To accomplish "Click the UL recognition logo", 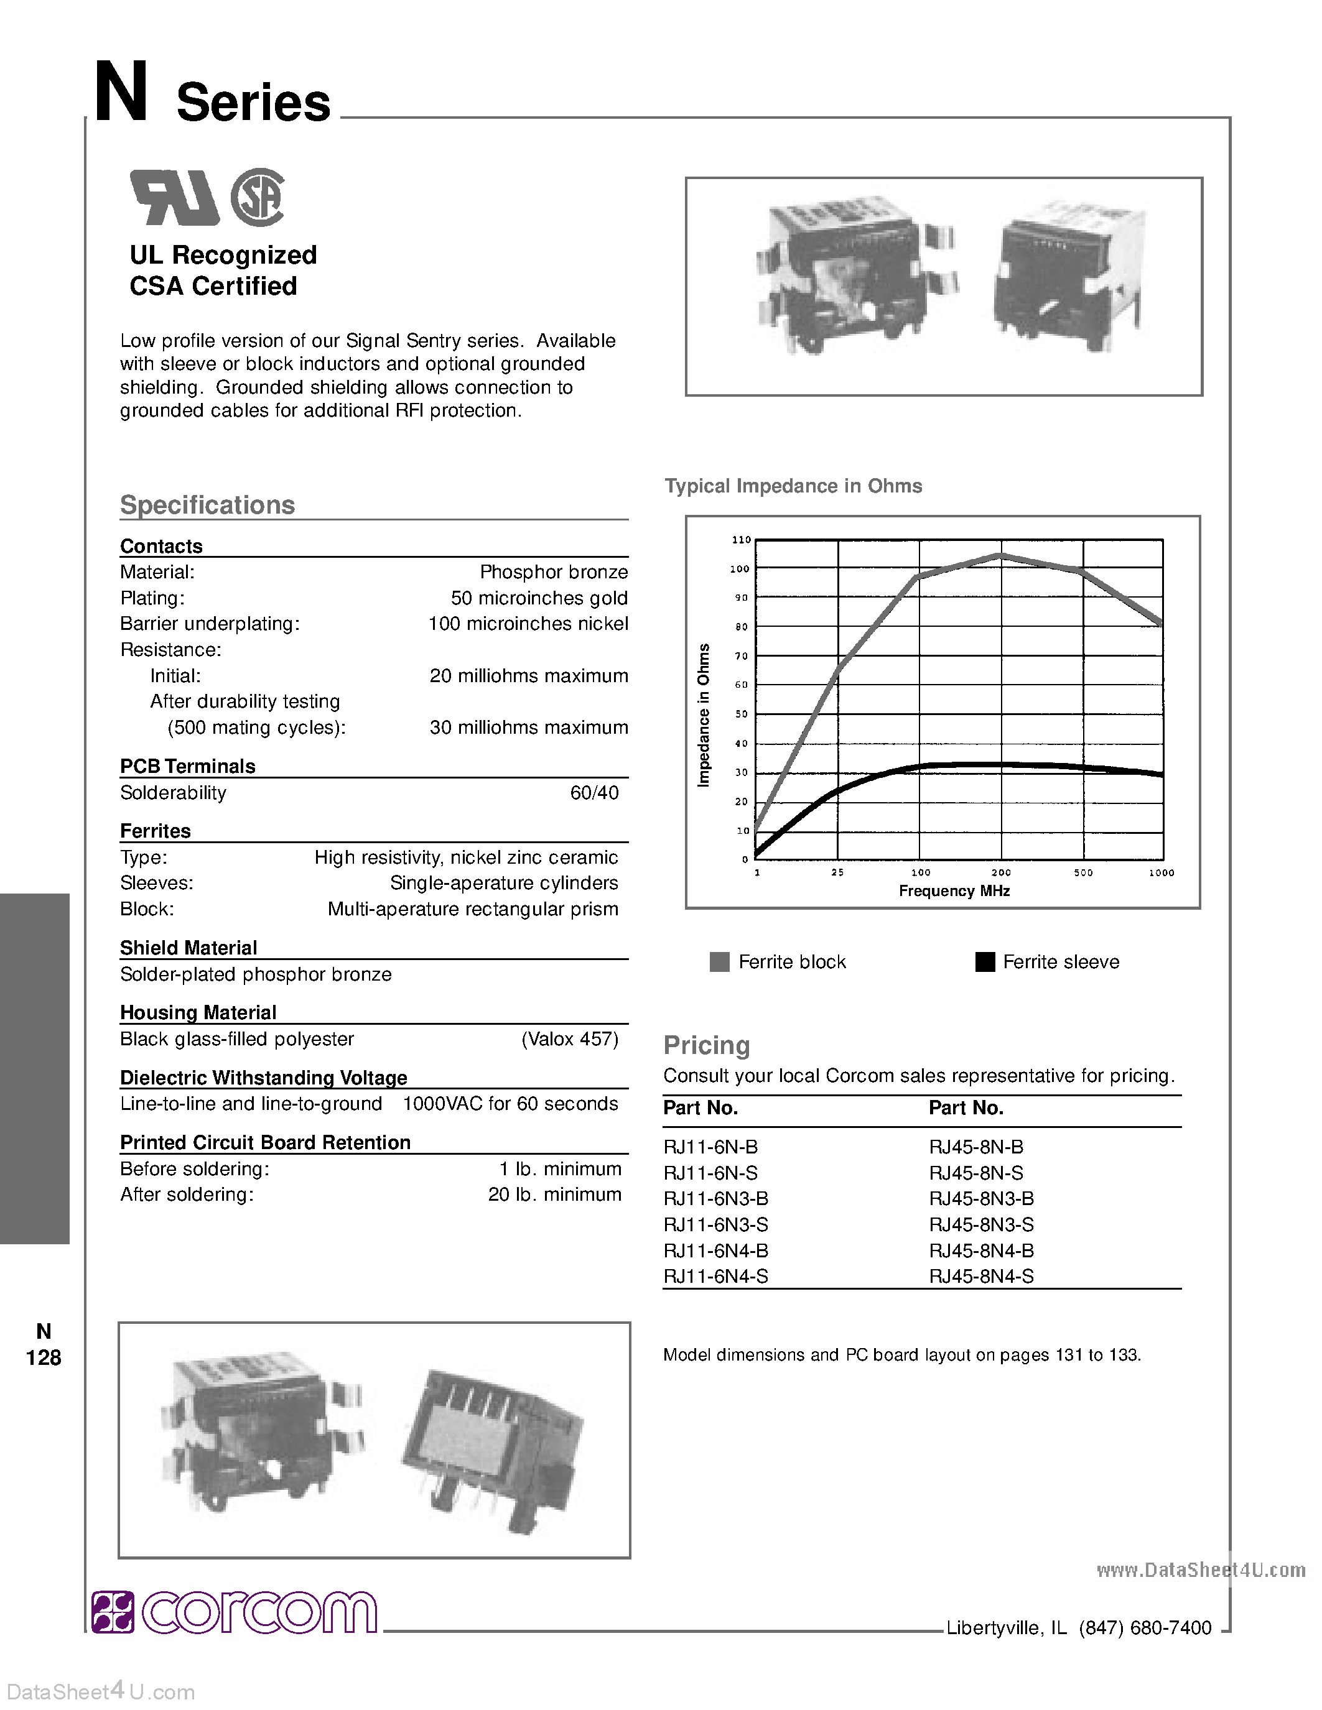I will [x=174, y=197].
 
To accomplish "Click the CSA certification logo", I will [x=258, y=197].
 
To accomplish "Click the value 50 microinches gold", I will [x=539, y=598].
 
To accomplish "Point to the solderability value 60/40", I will [x=594, y=793].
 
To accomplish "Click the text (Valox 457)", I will [x=569, y=1039].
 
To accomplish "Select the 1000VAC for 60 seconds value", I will [x=510, y=1104].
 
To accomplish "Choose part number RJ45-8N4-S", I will [x=981, y=1276].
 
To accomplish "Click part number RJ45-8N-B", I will [x=976, y=1147].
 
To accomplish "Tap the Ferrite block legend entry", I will [x=778, y=963].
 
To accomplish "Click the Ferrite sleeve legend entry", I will [x=1047, y=963].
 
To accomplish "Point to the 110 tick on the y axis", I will [x=741, y=540].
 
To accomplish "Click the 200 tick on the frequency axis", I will [x=1001, y=872].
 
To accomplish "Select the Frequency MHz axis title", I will [x=954, y=891].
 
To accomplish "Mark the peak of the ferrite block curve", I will [x=1000, y=555].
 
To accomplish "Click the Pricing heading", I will [x=707, y=1045].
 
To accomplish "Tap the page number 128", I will [x=44, y=1357].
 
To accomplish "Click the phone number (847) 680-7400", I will [x=1145, y=1629].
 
